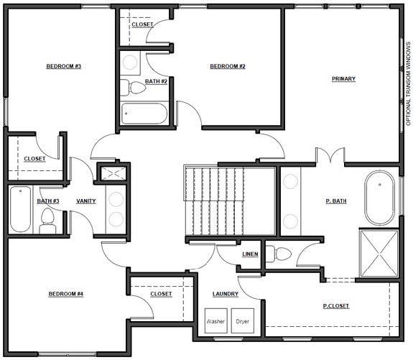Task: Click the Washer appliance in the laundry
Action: click(216, 320)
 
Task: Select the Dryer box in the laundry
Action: click(243, 320)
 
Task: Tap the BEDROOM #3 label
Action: click(64, 66)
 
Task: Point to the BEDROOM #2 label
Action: click(228, 66)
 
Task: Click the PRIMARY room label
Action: click(343, 78)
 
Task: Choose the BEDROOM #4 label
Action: click(66, 294)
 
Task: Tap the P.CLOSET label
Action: click(336, 306)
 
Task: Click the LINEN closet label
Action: click(250, 254)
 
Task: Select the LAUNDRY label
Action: click(226, 294)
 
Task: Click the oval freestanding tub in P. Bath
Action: click(379, 198)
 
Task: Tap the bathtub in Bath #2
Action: click(144, 114)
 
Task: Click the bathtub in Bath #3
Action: click(20, 209)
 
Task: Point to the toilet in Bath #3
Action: click(47, 221)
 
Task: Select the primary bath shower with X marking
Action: click(379, 254)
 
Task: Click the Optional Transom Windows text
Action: click(408, 84)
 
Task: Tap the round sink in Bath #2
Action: click(130, 63)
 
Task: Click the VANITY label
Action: click(86, 201)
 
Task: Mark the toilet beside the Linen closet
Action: click(279, 254)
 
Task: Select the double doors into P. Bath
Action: click(330, 154)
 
